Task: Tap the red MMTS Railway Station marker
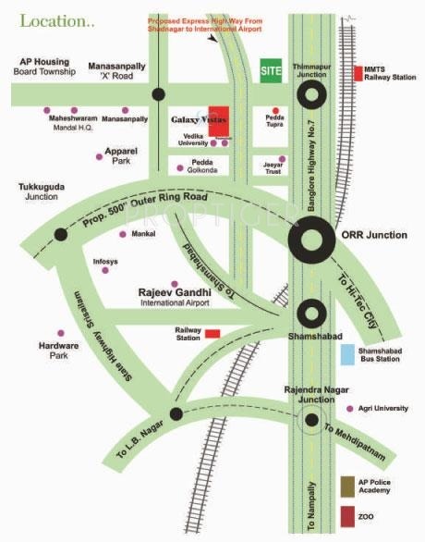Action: pos(359,72)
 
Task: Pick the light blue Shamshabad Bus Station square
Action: pos(346,354)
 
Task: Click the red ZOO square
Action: pos(346,515)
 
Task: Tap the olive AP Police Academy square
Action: pos(346,486)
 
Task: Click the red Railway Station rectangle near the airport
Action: pos(212,333)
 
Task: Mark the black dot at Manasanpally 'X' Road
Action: pos(159,93)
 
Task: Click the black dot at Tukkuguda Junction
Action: pos(61,233)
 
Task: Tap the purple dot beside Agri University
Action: pos(349,409)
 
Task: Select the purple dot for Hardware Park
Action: pos(61,332)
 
